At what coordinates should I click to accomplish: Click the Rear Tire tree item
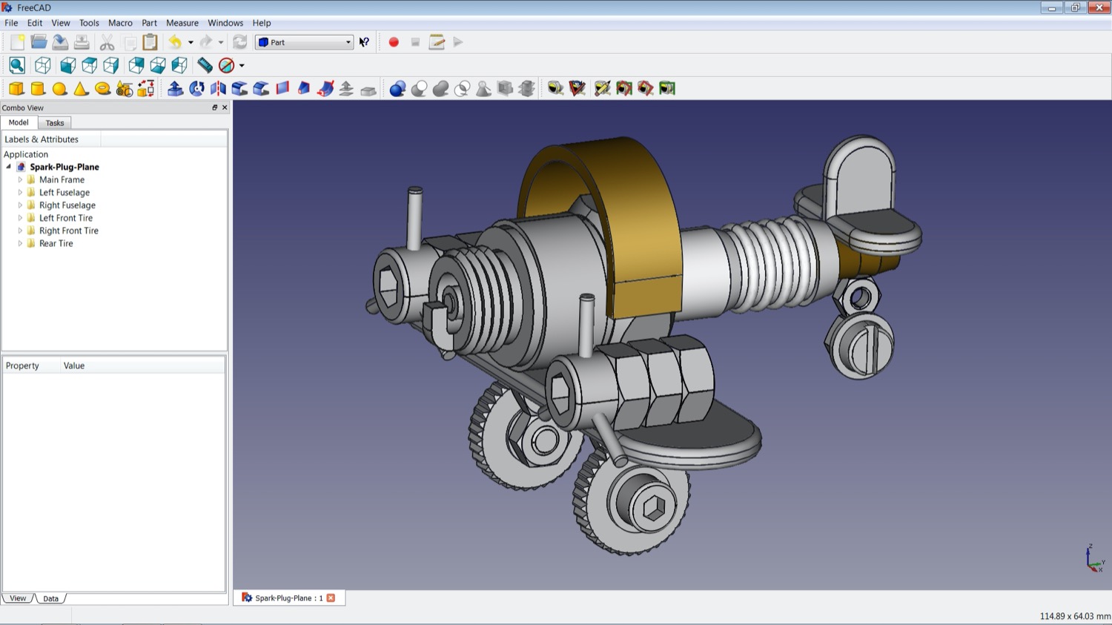56,243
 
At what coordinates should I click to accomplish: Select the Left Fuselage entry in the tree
64,192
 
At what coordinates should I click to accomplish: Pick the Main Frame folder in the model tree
62,179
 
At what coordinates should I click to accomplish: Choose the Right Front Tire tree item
68,231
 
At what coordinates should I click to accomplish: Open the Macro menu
120,23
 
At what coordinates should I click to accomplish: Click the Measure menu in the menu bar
182,23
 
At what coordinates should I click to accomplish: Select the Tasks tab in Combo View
55,123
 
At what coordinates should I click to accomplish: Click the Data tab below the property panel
50,598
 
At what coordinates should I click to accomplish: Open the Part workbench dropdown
304,42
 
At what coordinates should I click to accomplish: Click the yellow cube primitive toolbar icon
16,89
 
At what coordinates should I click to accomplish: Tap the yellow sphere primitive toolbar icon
59,89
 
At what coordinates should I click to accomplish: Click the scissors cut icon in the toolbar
107,42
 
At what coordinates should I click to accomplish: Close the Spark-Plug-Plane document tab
331,598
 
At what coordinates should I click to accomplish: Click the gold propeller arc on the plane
638,222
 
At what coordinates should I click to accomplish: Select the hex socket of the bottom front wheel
654,508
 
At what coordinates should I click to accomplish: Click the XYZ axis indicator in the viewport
1093,558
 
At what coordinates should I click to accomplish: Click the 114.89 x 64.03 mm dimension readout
1074,616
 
